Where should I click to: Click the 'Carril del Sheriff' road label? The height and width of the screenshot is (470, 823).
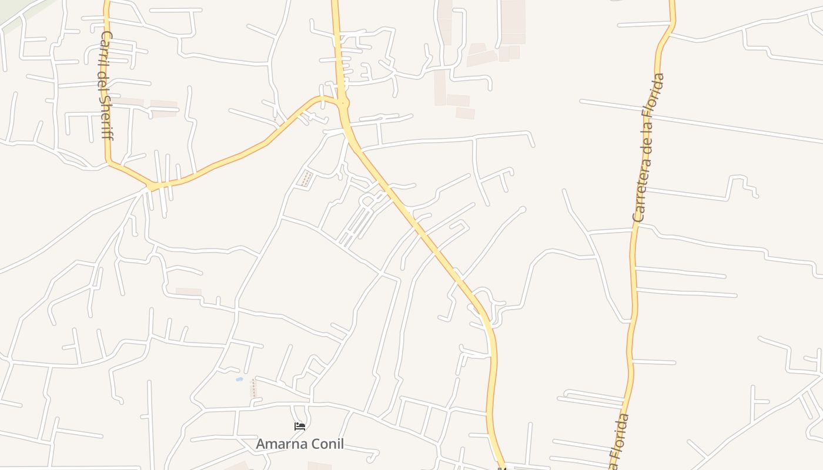pyautogui.click(x=106, y=85)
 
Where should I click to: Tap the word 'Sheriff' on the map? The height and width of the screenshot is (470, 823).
pyautogui.click(x=106, y=117)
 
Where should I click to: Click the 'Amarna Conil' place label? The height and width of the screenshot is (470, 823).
pyautogui.click(x=300, y=444)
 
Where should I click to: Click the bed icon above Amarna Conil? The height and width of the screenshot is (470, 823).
pyautogui.click(x=300, y=426)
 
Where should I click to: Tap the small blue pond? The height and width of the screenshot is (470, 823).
pyautogui.click(x=239, y=380)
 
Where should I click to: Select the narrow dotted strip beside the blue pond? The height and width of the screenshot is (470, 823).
pyautogui.click(x=253, y=388)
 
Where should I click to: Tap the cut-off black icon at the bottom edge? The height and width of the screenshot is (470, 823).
pyautogui.click(x=501, y=468)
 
